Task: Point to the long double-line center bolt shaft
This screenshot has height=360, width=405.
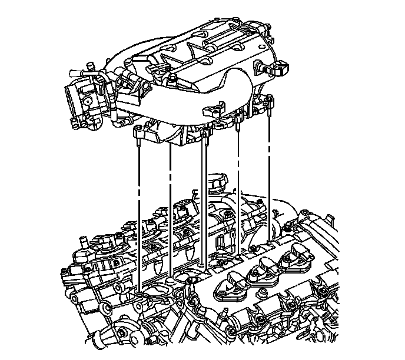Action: [204, 200]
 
